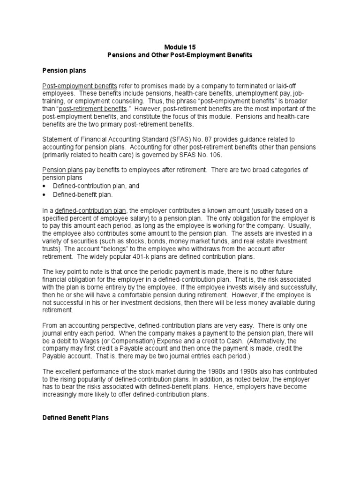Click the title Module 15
coord(180,47)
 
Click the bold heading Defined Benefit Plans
coord(75,417)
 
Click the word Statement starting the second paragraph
coord(57,139)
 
